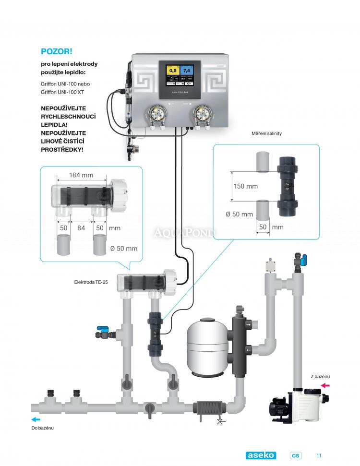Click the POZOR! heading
click(x=56, y=51)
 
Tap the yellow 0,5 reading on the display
click(x=173, y=71)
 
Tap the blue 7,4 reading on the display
click(x=187, y=71)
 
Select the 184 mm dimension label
click(x=81, y=175)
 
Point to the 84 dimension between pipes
click(x=82, y=228)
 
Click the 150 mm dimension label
click(x=245, y=186)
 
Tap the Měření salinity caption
click(x=266, y=133)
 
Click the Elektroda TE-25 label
click(x=91, y=282)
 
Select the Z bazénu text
click(x=320, y=376)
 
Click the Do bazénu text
click(x=43, y=428)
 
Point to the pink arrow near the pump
click(x=325, y=385)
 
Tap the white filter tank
click(x=207, y=344)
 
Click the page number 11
click(x=318, y=455)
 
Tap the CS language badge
click(x=296, y=455)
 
